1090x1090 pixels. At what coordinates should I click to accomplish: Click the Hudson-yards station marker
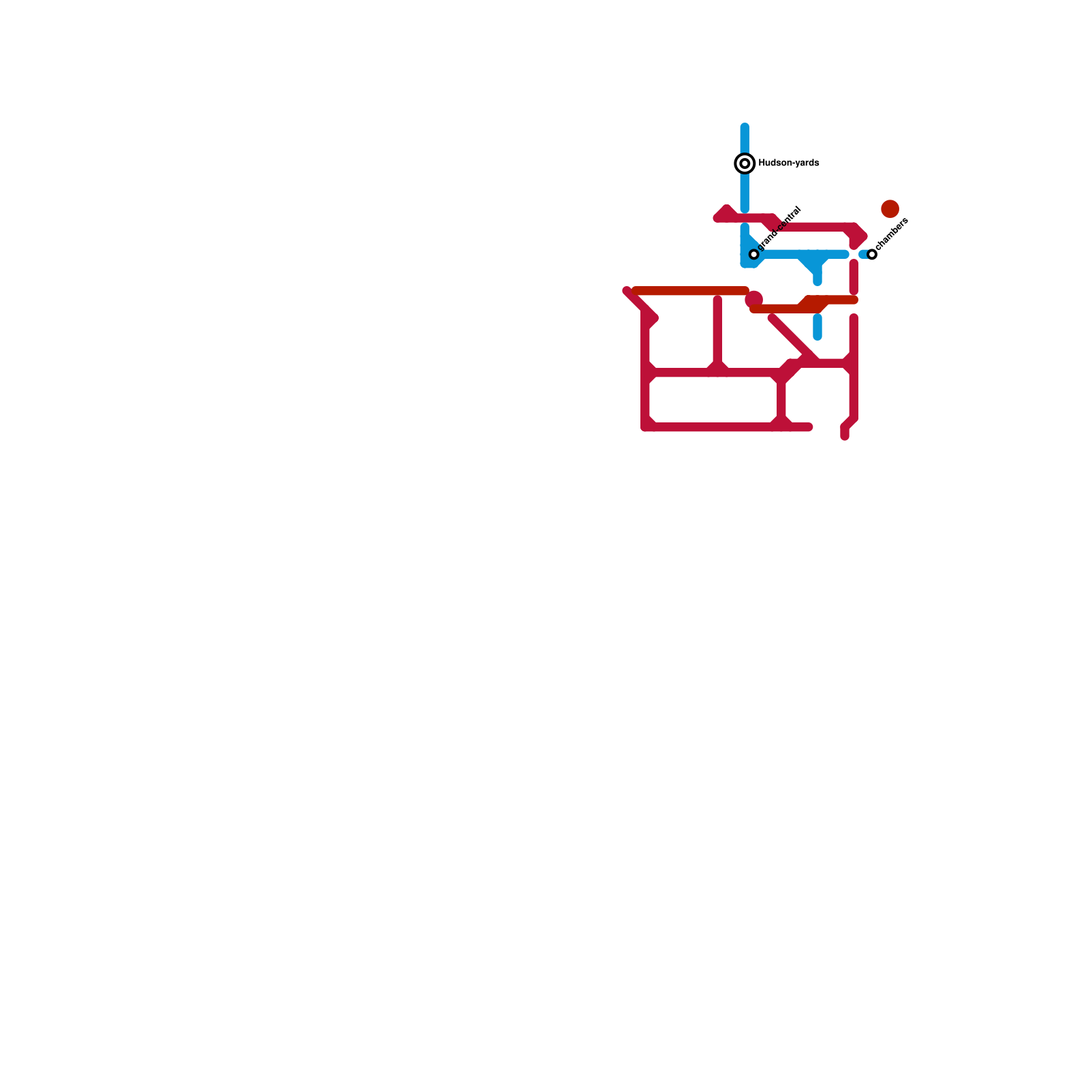[745, 163]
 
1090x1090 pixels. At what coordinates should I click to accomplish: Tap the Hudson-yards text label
[788, 163]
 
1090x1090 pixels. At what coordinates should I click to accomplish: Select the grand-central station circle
[754, 254]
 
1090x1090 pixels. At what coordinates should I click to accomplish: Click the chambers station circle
[872, 254]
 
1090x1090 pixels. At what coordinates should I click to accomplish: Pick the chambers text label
[892, 234]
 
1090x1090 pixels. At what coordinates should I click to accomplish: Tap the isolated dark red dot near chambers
[890, 209]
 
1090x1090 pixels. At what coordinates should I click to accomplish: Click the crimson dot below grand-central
[753, 299]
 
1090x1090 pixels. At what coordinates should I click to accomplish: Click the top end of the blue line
[745, 127]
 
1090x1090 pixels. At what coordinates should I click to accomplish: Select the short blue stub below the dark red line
[817, 327]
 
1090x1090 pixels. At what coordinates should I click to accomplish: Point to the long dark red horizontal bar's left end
[636, 291]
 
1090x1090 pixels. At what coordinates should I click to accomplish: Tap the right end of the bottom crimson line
[809, 427]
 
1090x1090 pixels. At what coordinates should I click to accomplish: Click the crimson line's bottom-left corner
[645, 427]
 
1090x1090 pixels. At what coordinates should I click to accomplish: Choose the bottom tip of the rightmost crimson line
[845, 436]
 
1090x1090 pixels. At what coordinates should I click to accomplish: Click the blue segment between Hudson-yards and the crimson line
[745, 191]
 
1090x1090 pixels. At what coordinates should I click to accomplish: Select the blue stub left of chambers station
[863, 254]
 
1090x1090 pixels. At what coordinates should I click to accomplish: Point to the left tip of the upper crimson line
[717, 217]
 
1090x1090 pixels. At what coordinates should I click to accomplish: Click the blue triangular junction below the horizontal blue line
[814, 264]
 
